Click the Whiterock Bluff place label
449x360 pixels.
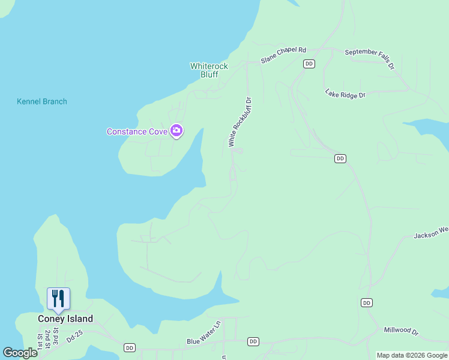pyautogui.click(x=204, y=70)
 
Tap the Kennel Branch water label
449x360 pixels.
pyautogui.click(x=42, y=101)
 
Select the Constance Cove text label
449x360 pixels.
pyautogui.click(x=137, y=131)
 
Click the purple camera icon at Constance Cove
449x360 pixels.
pyautogui.click(x=176, y=130)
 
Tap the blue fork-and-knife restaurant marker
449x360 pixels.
pyautogui.click(x=58, y=299)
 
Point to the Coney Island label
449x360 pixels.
pyautogui.click(x=65, y=319)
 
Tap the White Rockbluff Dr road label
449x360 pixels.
pyautogui.click(x=240, y=122)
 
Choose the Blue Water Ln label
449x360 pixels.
pyautogui.click(x=203, y=341)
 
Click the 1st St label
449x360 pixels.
pyautogui.click(x=40, y=341)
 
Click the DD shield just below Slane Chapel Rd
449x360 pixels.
pyautogui.click(x=309, y=64)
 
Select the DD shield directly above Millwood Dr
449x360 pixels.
pyautogui.click(x=367, y=303)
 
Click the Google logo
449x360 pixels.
pyautogui.click(x=20, y=353)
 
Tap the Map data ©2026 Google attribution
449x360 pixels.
pyautogui.click(x=412, y=355)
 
